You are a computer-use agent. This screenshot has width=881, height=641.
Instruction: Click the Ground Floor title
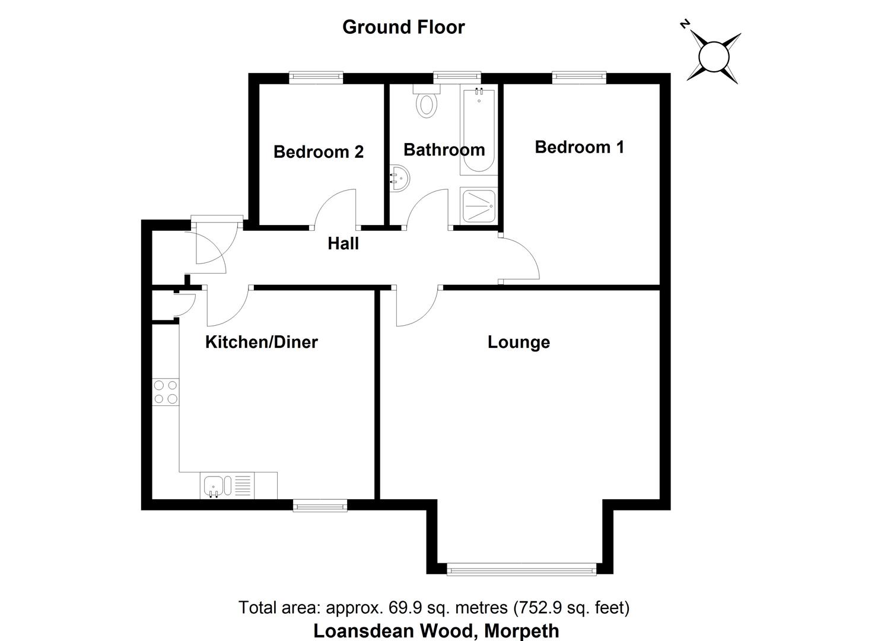tap(403, 27)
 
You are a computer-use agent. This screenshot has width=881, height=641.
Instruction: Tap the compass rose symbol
tap(713, 56)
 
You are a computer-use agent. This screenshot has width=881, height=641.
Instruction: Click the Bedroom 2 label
tap(319, 152)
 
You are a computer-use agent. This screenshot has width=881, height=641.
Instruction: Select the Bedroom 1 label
tap(579, 147)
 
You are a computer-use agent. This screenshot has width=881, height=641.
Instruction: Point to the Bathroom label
tap(444, 150)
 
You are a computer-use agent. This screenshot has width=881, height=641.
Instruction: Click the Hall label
tap(343, 243)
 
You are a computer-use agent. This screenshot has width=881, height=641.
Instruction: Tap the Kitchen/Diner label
tap(261, 342)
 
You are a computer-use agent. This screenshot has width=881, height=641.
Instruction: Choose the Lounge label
tap(519, 342)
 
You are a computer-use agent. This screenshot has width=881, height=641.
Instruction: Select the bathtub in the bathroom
tap(478, 131)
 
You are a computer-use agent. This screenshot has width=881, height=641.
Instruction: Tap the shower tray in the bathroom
tap(478, 205)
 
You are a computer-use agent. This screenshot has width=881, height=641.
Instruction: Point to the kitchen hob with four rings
tap(166, 392)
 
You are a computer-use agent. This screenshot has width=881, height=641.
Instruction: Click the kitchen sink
tap(214, 485)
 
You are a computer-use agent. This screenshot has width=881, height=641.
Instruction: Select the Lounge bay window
tap(521, 570)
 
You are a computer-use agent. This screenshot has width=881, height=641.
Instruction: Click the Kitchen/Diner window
tap(320, 505)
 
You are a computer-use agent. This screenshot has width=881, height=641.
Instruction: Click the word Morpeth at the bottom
tap(521, 630)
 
